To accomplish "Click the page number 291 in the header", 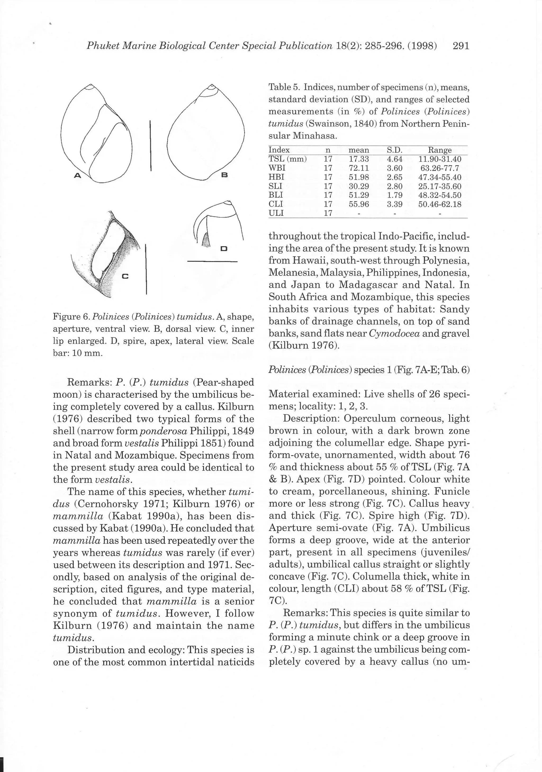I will tap(460, 46).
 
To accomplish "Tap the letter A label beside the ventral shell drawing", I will tap(78, 175).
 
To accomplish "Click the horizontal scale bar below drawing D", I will tap(212, 261).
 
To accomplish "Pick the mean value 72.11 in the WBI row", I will tap(359, 168).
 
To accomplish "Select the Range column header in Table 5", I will tap(439, 150).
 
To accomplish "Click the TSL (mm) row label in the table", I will tap(287, 159).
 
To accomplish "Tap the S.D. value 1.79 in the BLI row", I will tap(394, 195).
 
